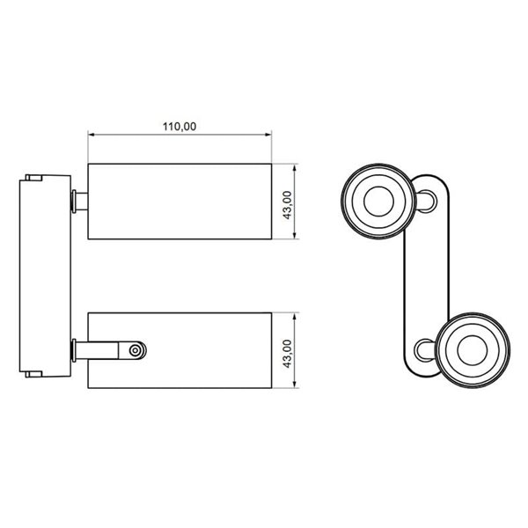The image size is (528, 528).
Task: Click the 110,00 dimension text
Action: (x=179, y=126)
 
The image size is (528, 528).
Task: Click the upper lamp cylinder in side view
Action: (x=179, y=201)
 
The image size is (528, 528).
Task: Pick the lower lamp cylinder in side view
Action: (x=202, y=350)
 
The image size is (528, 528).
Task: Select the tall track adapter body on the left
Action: (x=43, y=275)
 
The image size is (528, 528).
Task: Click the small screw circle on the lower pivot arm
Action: (x=136, y=350)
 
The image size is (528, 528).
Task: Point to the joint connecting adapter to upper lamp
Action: (x=79, y=201)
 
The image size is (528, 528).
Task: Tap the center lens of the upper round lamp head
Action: (x=375, y=201)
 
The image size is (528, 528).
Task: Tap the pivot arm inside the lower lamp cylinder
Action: (x=110, y=350)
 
